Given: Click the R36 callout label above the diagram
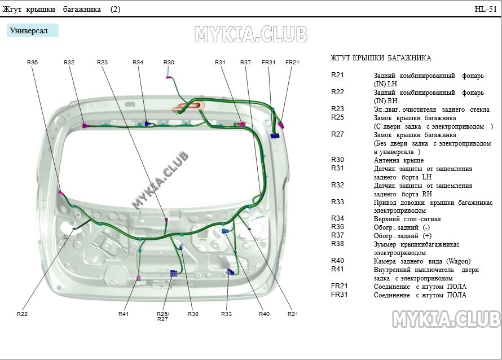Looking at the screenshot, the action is coord(32,63).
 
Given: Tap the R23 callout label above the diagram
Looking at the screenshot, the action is coord(103,63).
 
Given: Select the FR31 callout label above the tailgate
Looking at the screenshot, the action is coord(268,63).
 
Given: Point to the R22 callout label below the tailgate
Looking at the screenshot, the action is coord(23,314).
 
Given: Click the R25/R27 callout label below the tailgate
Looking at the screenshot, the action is coord(162,316).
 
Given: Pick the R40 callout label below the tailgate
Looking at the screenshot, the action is coord(264,314).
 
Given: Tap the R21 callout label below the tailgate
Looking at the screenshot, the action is coord(293,314).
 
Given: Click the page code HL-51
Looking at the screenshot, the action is coord(486,9).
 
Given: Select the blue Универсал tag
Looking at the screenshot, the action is coord(33,30).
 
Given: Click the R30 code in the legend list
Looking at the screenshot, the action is coord(337,160).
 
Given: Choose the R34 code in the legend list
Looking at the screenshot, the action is coord(337,218).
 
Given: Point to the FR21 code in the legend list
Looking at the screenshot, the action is coord(340,286).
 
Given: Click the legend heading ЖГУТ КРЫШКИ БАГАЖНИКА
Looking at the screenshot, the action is coord(381,58).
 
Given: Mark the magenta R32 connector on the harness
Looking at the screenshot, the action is coord(85,126).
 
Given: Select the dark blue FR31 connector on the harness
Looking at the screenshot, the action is coord(275,136).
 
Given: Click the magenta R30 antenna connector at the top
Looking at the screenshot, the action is coord(168,77).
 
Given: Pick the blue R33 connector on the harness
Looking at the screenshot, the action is coord(230,272).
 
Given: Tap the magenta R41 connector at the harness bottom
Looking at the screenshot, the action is coord(139,278).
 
